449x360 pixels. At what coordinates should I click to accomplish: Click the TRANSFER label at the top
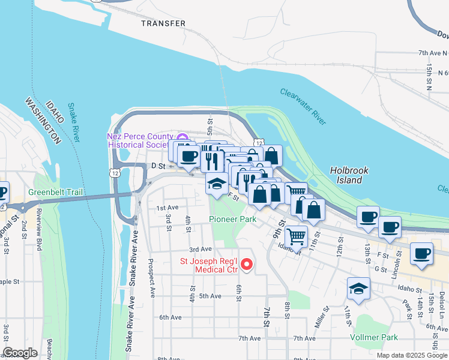[163, 23]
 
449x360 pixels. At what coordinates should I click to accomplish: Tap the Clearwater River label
[303, 107]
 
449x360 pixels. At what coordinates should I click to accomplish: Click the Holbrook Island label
[350, 175]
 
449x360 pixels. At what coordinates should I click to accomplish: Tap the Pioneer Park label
[232, 219]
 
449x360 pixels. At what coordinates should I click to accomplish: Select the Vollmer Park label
[377, 337]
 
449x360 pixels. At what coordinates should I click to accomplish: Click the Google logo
[20, 353]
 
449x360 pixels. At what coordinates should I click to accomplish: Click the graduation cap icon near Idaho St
[358, 289]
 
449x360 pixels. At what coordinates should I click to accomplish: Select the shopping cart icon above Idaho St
[295, 236]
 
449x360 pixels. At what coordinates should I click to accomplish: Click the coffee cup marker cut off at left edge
[2, 193]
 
